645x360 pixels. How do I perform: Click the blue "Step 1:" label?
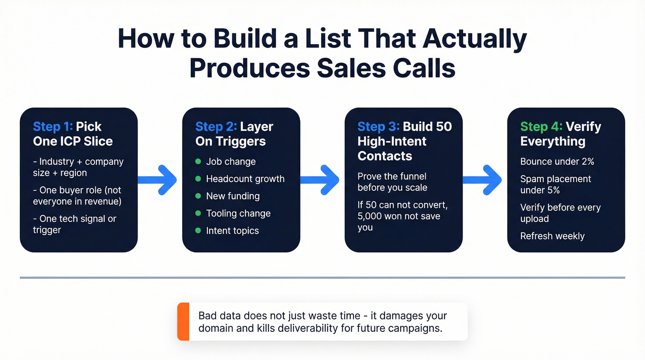pyautogui.click(x=53, y=127)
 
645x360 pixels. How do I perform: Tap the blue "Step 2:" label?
pyautogui.click(x=215, y=127)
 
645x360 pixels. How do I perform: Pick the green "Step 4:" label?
pyautogui.click(x=540, y=127)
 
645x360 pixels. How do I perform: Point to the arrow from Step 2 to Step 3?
pyautogui.click(x=321, y=179)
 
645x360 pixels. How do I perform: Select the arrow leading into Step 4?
pyautogui.click(x=483, y=179)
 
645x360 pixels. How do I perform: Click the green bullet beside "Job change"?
pyautogui.click(x=198, y=162)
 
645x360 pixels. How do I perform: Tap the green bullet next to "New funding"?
pyautogui.click(x=198, y=196)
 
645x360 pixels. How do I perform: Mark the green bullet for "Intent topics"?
pyautogui.click(x=198, y=230)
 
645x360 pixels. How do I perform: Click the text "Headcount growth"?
pyautogui.click(x=245, y=179)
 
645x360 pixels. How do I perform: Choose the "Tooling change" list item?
pyautogui.click(x=238, y=213)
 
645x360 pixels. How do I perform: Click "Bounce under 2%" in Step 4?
pyautogui.click(x=557, y=162)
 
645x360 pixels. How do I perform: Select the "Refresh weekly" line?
pyautogui.click(x=552, y=236)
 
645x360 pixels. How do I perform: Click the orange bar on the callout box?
pyautogui.click(x=183, y=321)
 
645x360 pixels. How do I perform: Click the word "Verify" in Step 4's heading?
pyautogui.click(x=583, y=127)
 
